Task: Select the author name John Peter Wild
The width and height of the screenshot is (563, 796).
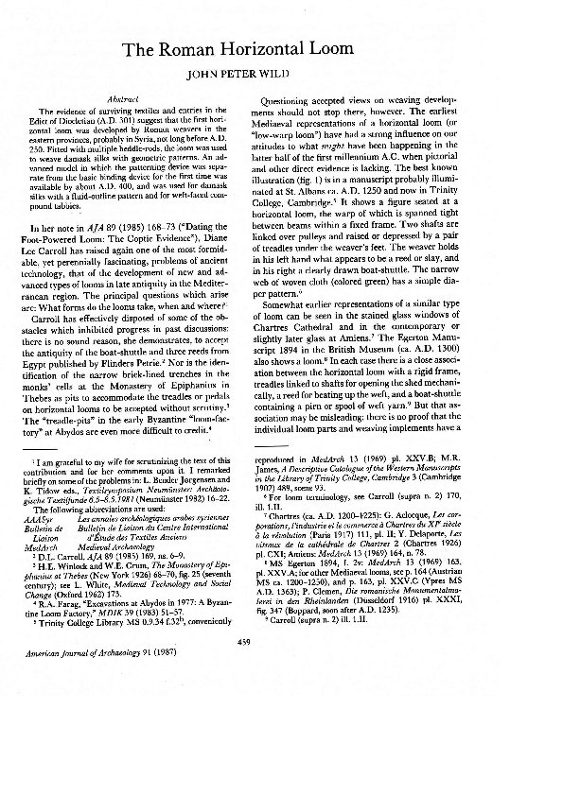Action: [280, 72]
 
